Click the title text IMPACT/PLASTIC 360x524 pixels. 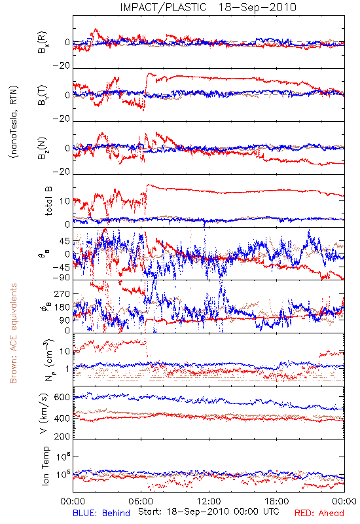point(163,7)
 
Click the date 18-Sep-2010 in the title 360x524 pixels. point(257,7)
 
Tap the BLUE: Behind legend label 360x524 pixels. point(101,513)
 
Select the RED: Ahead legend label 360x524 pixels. point(319,513)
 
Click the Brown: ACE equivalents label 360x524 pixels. point(13,333)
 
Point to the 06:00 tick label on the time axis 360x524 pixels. point(141,501)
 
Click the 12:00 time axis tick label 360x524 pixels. point(209,501)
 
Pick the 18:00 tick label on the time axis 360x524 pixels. point(276,501)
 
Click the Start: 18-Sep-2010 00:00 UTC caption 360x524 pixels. point(209,512)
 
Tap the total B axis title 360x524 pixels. point(48,201)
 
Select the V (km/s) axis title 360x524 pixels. point(44,413)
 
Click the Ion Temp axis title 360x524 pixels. point(45,466)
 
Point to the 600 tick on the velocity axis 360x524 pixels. point(62,397)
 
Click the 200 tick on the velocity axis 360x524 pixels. point(62,436)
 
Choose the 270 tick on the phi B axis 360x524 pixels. point(62,293)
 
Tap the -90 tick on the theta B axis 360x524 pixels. point(62,278)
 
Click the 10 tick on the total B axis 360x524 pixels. point(65,201)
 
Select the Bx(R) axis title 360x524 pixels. point(43,42)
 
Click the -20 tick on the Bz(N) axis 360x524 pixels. point(62,172)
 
